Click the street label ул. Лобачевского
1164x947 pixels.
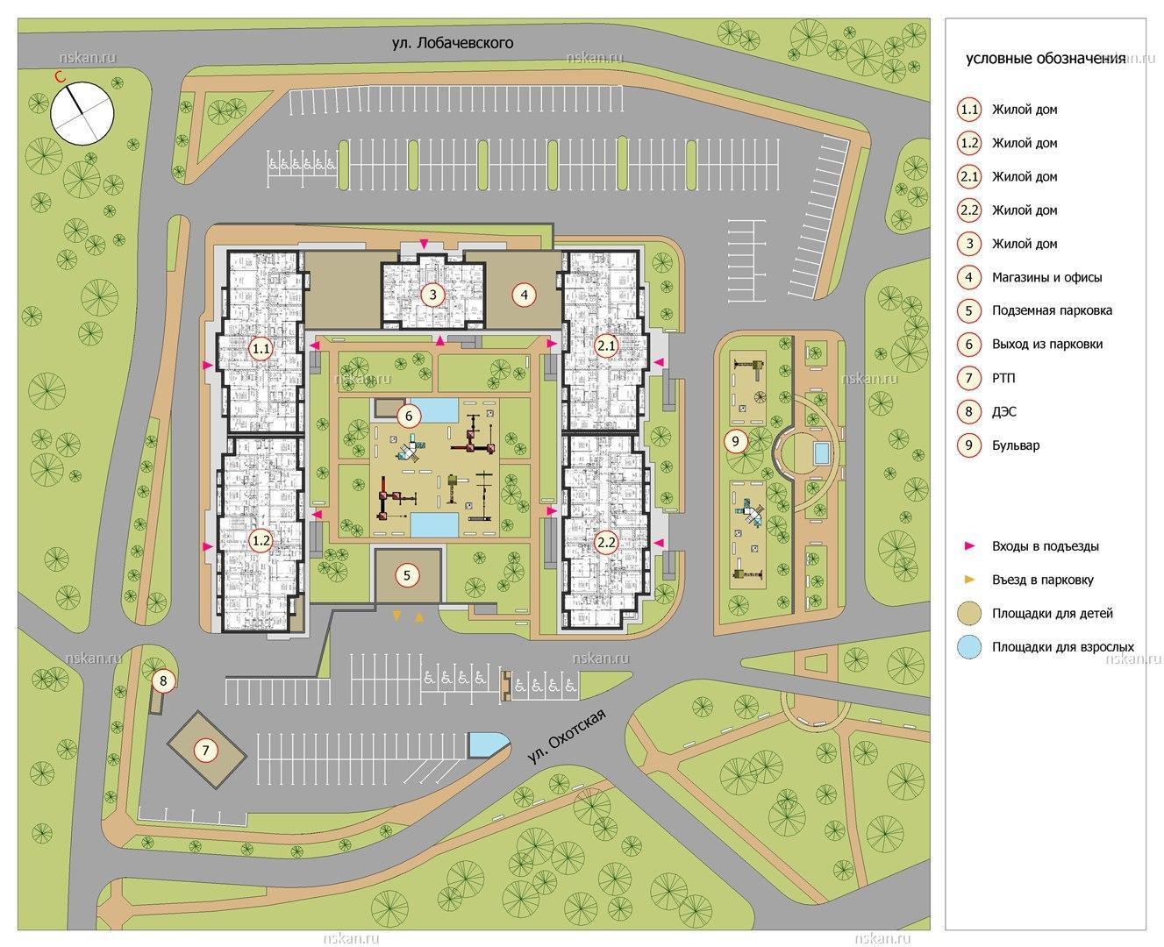(453, 43)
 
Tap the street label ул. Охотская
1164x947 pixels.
(567, 737)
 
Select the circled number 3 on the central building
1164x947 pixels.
(432, 295)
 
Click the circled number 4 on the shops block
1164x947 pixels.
(524, 295)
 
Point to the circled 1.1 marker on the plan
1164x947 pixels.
(261, 348)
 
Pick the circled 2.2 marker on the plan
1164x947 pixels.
(606, 542)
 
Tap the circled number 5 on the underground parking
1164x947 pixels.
(407, 575)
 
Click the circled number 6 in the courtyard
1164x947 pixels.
(408, 417)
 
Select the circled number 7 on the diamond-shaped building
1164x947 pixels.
(206, 750)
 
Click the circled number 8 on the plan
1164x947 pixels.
(163, 681)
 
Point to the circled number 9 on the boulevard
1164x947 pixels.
(735, 441)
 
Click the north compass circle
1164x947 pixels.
(82, 114)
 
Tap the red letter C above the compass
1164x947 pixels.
(60, 77)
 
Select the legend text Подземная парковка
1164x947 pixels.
(1052, 310)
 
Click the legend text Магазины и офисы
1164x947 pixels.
(1047, 277)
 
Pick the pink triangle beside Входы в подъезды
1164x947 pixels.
(969, 545)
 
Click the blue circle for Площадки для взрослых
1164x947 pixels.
(969, 646)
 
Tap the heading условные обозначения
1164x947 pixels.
(1046, 59)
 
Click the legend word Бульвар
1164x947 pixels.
(1016, 445)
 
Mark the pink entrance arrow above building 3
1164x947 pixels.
(424, 243)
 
